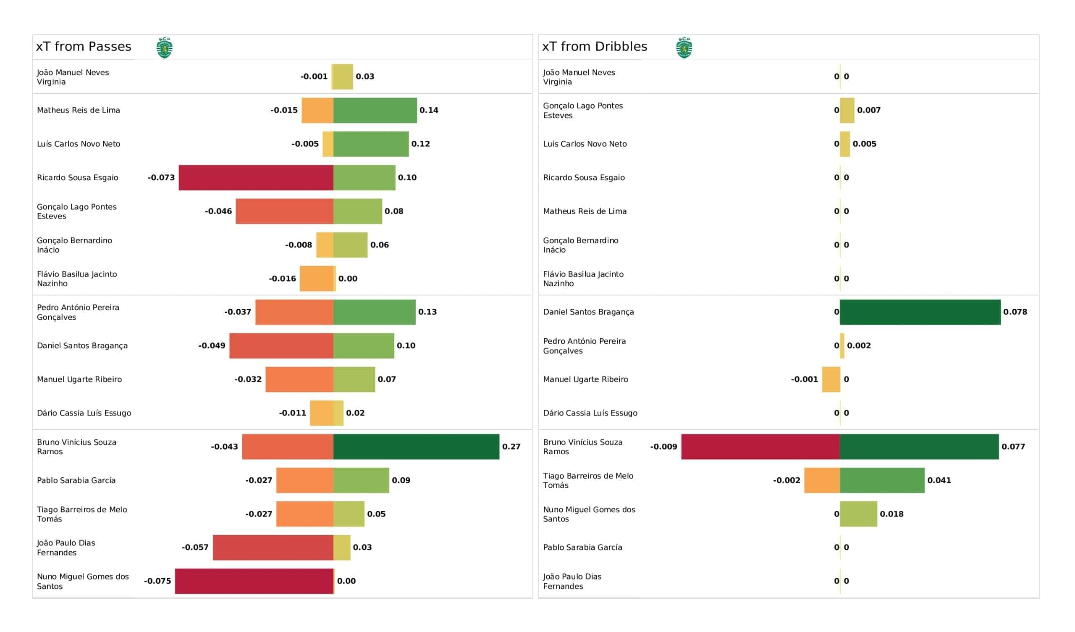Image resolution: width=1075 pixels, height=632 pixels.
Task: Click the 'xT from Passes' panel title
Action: pyautogui.click(x=84, y=47)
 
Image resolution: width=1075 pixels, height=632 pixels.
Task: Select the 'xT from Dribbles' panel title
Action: pyautogui.click(x=595, y=47)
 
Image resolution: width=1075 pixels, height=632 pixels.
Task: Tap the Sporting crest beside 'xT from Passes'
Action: pyautogui.click(x=164, y=47)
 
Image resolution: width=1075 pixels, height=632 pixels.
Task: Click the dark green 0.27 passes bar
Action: pyautogui.click(x=416, y=447)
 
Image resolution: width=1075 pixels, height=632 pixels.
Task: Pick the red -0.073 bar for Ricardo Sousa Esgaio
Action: pyautogui.click(x=256, y=178)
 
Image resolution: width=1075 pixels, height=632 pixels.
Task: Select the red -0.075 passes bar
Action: pyautogui.click(x=254, y=581)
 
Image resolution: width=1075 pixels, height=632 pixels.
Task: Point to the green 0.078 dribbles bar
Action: pyautogui.click(x=920, y=312)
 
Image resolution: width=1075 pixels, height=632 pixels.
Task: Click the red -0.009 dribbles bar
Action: pyautogui.click(x=760, y=447)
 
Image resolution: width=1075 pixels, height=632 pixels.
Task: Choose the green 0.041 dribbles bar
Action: pyautogui.click(x=882, y=480)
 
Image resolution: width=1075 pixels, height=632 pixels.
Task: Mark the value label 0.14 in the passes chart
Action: pyautogui.click(x=429, y=110)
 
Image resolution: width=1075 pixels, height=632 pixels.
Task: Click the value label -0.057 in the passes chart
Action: pyautogui.click(x=195, y=548)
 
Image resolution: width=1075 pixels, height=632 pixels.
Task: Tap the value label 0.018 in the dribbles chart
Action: pyautogui.click(x=891, y=514)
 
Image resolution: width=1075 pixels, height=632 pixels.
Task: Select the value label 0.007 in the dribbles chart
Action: pyautogui.click(x=869, y=110)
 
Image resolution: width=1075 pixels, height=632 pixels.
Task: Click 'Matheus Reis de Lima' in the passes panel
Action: pyautogui.click(x=79, y=110)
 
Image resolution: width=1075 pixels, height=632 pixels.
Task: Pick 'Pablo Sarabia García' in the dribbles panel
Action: pyautogui.click(x=583, y=548)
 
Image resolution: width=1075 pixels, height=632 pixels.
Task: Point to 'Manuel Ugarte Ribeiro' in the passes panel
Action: pyautogui.click(x=79, y=379)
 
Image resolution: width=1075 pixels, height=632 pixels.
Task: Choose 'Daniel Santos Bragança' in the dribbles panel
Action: pyautogui.click(x=589, y=312)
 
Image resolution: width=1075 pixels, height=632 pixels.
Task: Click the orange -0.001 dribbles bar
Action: pyautogui.click(x=831, y=379)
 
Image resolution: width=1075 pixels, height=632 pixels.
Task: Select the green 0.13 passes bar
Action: pyautogui.click(x=375, y=312)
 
